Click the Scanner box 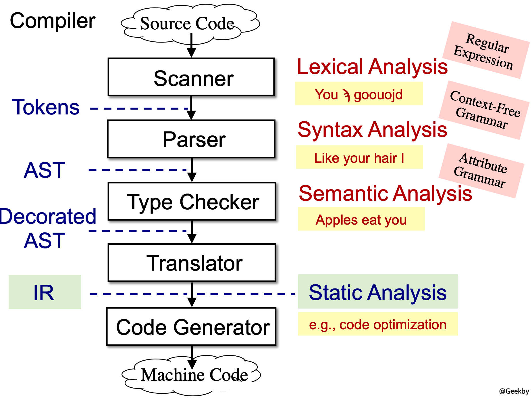pyautogui.click(x=191, y=77)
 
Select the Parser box pyautogui.click(x=191, y=139)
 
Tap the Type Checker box pyautogui.click(x=192, y=201)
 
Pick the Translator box pyautogui.click(x=192, y=263)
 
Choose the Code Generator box pyautogui.click(x=191, y=327)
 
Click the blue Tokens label pyautogui.click(x=46, y=107)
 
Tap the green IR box pyautogui.click(x=45, y=292)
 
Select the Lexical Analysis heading pyautogui.click(x=372, y=67)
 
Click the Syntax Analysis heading pyautogui.click(x=372, y=130)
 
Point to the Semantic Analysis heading pyautogui.click(x=385, y=193)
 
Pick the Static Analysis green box pyautogui.click(x=377, y=292)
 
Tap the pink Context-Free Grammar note pyautogui.click(x=484, y=110)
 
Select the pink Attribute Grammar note pyautogui.click(x=481, y=171)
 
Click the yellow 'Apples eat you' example pyautogui.click(x=361, y=219)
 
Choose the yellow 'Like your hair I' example pyautogui.click(x=359, y=158)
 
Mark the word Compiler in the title pyautogui.click(x=53, y=21)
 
